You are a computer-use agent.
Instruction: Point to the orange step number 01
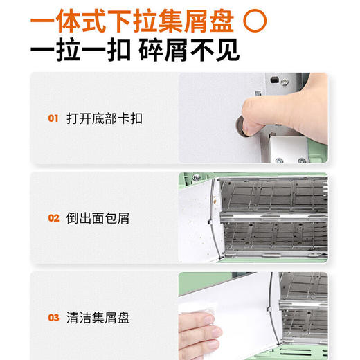53,118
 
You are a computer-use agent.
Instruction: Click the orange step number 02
53,218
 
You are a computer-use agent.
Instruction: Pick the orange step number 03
53,318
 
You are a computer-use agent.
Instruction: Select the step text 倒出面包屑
98,218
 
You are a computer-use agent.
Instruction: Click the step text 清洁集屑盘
98,318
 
